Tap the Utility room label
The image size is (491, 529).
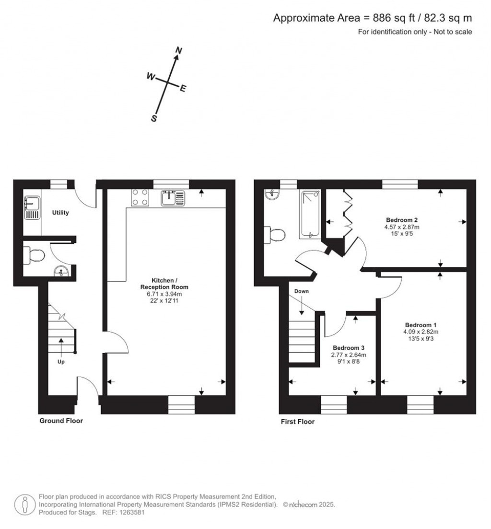[60, 212]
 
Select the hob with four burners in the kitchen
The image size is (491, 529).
[139, 196]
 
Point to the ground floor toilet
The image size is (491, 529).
[35, 255]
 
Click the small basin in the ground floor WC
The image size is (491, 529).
[61, 271]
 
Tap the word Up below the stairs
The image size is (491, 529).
[61, 362]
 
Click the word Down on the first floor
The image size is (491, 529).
[302, 291]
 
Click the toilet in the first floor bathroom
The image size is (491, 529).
[275, 235]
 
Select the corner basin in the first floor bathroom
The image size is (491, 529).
[271, 194]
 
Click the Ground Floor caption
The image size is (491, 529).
[61, 421]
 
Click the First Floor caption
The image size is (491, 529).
[297, 422]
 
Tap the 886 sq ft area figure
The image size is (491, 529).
[389, 18]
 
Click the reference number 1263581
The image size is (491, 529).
[131, 512]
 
